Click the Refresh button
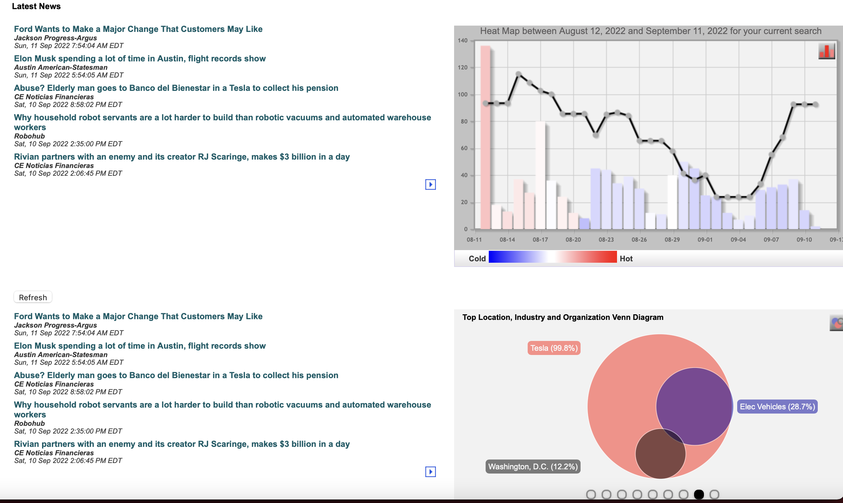[33, 297]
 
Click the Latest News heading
[36, 6]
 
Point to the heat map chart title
[651, 31]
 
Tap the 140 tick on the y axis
[462, 40]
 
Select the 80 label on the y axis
[464, 121]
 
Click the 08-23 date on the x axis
[606, 240]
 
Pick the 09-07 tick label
[771, 240]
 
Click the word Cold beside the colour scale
[477, 259]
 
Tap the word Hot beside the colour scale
[626, 259]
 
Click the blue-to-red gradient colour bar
[553, 257]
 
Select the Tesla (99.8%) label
[554, 348]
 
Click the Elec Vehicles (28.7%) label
[777, 407]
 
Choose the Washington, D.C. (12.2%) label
[533, 467]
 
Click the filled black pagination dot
[699, 494]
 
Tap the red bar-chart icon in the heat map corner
[827, 52]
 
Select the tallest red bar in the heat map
[485, 137]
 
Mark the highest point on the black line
[519, 74]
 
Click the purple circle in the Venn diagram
[694, 406]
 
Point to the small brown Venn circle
[660, 454]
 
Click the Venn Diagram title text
[563, 317]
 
